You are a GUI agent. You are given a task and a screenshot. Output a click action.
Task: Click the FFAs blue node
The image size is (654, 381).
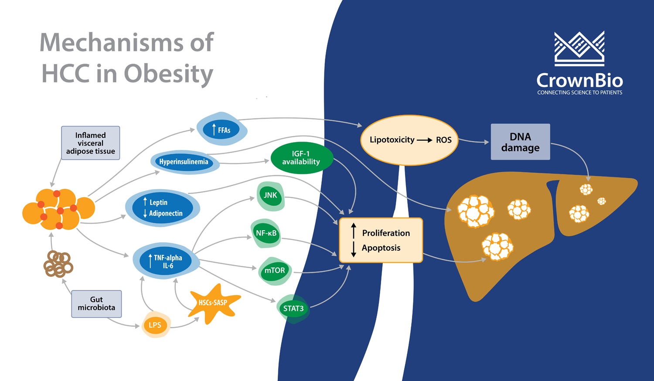pyautogui.click(x=222, y=130)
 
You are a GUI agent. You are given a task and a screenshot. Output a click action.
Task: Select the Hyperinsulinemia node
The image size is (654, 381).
pyautogui.click(x=184, y=162)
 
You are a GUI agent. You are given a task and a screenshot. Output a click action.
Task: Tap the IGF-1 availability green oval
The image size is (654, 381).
pyautogui.click(x=301, y=158)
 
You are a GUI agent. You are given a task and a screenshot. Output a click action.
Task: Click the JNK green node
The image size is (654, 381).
pyautogui.click(x=270, y=195)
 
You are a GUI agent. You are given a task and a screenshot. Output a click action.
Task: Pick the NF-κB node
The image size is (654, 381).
pyautogui.click(x=266, y=233)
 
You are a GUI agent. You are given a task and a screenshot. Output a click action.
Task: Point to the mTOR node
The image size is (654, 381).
pyautogui.click(x=275, y=271)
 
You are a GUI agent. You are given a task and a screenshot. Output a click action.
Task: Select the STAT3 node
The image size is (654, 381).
pyautogui.click(x=293, y=309)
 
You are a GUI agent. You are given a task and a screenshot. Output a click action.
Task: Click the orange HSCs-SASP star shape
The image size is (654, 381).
pyautogui.click(x=213, y=303)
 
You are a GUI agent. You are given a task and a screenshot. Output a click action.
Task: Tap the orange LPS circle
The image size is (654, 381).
pyautogui.click(x=155, y=325)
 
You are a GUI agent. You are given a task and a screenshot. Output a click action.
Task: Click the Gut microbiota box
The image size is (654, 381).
pyautogui.click(x=96, y=304)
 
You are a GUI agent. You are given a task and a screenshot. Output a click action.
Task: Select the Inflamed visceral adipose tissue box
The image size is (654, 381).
pyautogui.click(x=90, y=143)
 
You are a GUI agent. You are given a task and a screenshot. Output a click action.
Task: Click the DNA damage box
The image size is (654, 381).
pyautogui.click(x=520, y=142)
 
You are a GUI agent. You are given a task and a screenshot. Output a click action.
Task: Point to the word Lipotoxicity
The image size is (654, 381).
pyautogui.click(x=392, y=140)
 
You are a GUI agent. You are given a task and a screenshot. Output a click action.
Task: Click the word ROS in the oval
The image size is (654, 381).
pyautogui.click(x=443, y=140)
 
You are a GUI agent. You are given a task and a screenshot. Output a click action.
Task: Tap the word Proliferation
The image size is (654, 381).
pyautogui.click(x=386, y=233)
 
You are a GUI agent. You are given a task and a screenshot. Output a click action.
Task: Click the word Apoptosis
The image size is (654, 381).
pyautogui.click(x=381, y=248)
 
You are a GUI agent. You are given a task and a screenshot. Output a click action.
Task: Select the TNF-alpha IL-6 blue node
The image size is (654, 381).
pyautogui.click(x=167, y=262)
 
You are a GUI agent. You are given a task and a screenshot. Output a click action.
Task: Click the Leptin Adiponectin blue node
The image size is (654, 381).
pyautogui.click(x=163, y=208)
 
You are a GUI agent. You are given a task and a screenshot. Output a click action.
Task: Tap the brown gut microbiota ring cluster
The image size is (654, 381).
pyautogui.click(x=58, y=264)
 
